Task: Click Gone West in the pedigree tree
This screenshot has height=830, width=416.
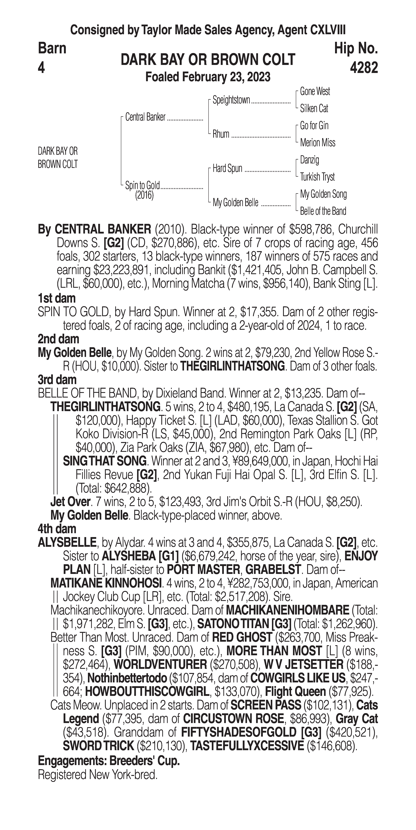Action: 315,92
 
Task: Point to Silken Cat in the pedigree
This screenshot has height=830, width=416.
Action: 314,109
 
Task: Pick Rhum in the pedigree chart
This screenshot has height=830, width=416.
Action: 221,134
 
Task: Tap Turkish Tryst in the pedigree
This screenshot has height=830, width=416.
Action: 317,177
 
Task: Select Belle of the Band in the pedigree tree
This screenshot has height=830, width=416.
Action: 323,211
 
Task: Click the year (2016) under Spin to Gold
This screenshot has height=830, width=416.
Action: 144,195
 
